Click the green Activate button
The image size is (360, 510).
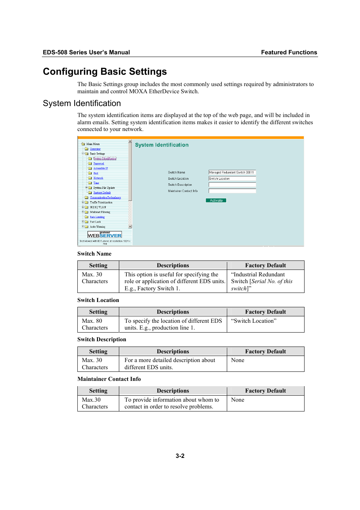pos(216,200)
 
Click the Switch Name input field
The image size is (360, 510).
pos(232,172)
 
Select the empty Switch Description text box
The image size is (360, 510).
pos(232,185)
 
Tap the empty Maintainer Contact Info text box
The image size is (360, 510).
pos(232,191)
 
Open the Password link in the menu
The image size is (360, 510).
pos(98,163)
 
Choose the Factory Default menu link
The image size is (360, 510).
pos(102,193)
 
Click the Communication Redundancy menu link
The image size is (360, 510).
pos(105,197)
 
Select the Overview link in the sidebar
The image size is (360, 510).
pos(95,149)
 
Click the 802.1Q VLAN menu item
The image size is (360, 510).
pos(98,207)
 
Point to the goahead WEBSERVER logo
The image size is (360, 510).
pos(105,234)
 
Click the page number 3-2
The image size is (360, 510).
pos(180,456)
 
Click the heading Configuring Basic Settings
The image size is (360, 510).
pos(105,72)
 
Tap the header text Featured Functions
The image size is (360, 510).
pos(289,52)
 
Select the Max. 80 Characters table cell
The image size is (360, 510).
pos(95,324)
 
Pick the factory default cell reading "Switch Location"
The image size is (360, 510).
pos(254,321)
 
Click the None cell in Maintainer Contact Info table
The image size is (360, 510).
pos(238,400)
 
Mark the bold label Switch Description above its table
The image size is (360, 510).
pos(102,339)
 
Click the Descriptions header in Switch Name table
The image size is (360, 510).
pos(173,265)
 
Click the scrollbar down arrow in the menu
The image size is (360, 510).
pos(130,226)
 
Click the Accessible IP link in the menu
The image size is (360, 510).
pos(100,168)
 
